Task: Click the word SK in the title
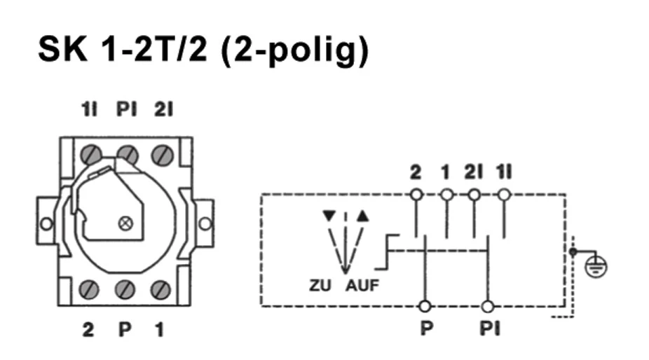coord(62,49)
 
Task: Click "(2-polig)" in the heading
coord(294,50)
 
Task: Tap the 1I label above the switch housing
coord(89,111)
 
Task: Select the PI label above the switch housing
coord(126,111)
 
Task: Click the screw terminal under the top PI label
coord(126,153)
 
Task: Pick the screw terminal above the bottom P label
coord(125,289)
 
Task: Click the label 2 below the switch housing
coord(88,329)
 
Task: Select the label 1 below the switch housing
coord(160,329)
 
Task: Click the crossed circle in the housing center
coord(126,223)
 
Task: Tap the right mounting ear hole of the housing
coord(205,224)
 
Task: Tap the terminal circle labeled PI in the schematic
coord(488,306)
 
